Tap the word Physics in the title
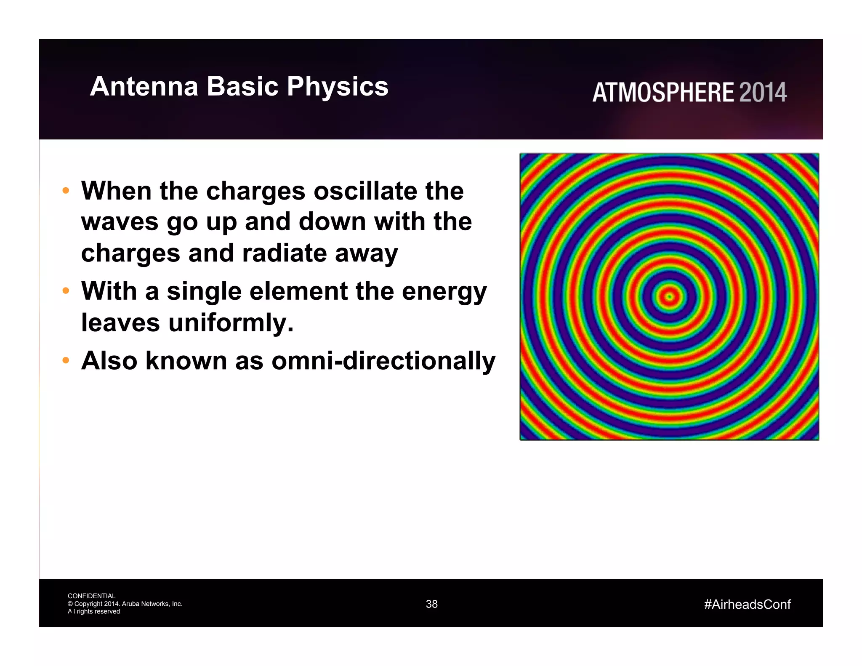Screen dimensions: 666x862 point(337,87)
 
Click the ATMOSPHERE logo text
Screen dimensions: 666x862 point(663,93)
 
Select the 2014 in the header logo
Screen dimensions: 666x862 point(763,93)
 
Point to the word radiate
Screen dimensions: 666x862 point(284,253)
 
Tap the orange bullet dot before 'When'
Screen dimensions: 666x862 point(65,191)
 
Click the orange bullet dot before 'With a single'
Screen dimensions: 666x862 point(65,291)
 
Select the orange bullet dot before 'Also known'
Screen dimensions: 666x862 point(65,360)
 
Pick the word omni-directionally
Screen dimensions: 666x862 point(383,361)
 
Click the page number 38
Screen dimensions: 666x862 point(431,604)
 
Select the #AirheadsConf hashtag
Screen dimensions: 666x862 point(747,605)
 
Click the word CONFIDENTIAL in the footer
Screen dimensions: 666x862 point(91,596)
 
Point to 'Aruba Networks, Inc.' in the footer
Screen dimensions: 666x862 point(152,604)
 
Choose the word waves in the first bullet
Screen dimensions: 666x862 point(120,222)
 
